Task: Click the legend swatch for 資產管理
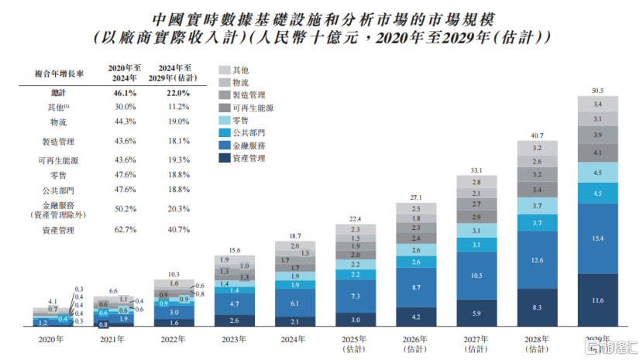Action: click(x=224, y=158)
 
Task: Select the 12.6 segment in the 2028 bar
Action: click(x=538, y=259)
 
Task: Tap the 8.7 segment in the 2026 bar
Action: click(x=417, y=287)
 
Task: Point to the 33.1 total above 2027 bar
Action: click(x=476, y=170)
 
